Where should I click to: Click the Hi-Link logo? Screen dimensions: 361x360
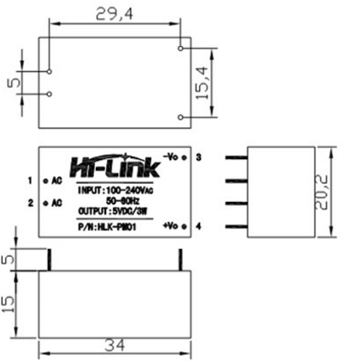[113, 165]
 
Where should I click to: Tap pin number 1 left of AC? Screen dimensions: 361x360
[30, 181]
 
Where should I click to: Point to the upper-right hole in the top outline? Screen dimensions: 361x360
[180, 49]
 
